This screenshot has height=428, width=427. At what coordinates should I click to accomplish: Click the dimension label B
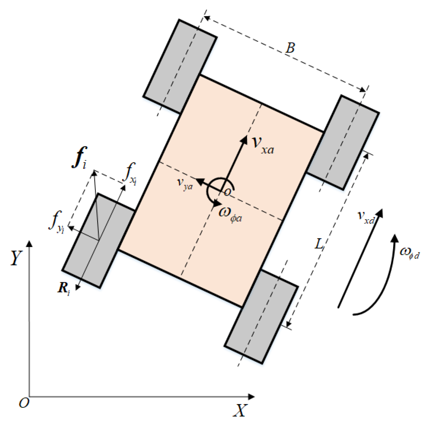coord(290,48)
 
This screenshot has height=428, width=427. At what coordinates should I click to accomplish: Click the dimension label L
coord(319,243)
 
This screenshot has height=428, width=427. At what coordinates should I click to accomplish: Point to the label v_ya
coord(185,183)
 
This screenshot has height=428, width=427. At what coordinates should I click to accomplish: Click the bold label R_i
coord(64,288)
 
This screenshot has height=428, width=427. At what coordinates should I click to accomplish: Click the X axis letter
coord(240,410)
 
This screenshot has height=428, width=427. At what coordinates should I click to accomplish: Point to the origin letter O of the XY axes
coord(24,403)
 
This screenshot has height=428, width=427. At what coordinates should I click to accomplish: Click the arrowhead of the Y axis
coord(29,244)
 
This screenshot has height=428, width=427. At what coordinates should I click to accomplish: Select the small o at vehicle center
coord(228,192)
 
